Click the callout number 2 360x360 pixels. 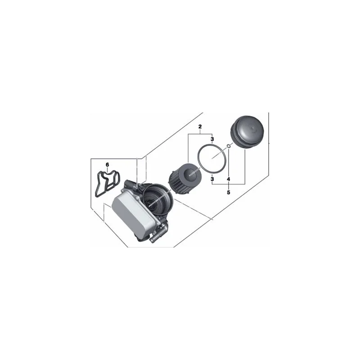200,126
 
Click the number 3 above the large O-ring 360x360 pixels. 212,139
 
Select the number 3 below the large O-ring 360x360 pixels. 212,178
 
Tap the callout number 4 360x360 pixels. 229,179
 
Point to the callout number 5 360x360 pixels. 229,192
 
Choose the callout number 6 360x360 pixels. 107,165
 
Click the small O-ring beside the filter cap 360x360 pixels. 229,146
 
